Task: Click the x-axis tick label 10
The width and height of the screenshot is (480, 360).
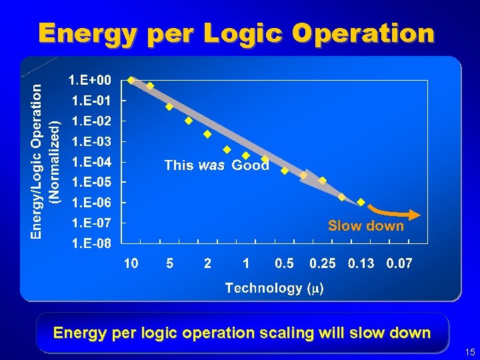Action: [131, 264]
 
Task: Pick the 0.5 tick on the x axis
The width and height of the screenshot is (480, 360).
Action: [284, 264]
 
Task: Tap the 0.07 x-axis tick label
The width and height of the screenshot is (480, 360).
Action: [399, 264]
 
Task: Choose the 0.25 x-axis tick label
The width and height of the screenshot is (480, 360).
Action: [323, 264]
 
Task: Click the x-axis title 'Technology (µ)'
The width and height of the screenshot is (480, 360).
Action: [274, 288]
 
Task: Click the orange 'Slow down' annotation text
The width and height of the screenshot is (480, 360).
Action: [365, 226]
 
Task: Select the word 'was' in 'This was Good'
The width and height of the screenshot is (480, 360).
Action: [211, 165]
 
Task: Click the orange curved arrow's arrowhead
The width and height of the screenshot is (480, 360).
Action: [415, 214]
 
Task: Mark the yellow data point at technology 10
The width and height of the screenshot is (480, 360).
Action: [131, 79]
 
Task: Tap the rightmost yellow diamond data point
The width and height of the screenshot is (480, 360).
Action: [361, 202]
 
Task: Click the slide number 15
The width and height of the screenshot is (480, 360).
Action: [471, 352]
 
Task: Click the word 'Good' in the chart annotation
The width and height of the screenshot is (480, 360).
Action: [250, 165]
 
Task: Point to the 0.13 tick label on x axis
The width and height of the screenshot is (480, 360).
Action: [361, 264]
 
